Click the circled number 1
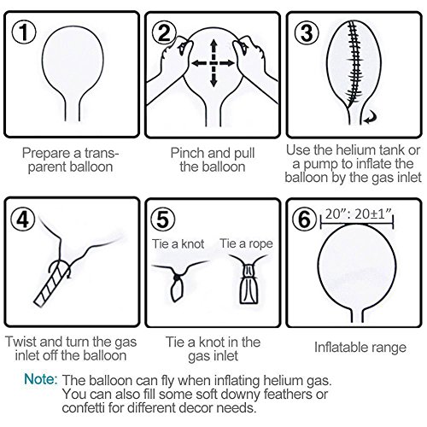click(x=24, y=32)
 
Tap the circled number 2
click(x=164, y=32)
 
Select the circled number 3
click(x=307, y=32)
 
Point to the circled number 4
click(x=23, y=219)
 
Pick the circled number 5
click(x=163, y=219)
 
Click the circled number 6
click(x=305, y=219)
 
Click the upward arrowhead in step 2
click(x=213, y=44)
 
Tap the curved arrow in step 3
click(x=371, y=118)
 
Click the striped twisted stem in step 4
click(x=52, y=284)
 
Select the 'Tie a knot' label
click(x=178, y=244)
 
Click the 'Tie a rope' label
click(x=247, y=243)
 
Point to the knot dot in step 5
click(x=177, y=277)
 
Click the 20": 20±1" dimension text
click(x=359, y=214)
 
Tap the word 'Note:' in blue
click(x=41, y=379)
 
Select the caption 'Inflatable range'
click(x=360, y=348)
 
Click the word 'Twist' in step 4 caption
click(x=20, y=342)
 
